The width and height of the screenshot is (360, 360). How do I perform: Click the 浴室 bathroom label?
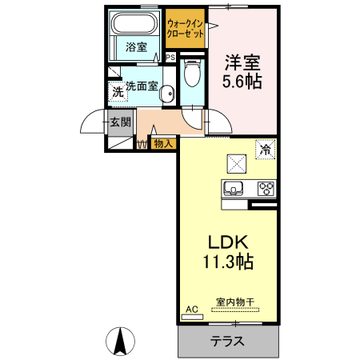[x=136, y=47]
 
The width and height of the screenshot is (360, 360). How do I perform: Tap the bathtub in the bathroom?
[x=135, y=22]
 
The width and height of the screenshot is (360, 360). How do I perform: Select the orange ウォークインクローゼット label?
[x=185, y=30]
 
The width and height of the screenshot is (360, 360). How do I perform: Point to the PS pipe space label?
[x=170, y=58]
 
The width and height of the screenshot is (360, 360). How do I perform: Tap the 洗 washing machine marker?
[x=118, y=92]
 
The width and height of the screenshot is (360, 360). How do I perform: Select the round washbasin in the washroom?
[x=166, y=94]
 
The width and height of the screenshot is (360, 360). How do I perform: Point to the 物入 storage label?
[x=162, y=144]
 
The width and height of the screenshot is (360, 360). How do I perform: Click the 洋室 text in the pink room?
[x=242, y=62]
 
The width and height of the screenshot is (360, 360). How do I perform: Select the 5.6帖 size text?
[x=242, y=81]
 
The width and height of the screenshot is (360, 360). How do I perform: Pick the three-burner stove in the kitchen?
[x=266, y=189]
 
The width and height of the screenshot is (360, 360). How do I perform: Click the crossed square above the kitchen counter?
[x=237, y=163]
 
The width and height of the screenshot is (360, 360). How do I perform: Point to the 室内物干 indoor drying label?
[x=234, y=302]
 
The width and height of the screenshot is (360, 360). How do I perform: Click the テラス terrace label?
[x=227, y=340]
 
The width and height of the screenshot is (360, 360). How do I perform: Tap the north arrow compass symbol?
[x=121, y=342]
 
